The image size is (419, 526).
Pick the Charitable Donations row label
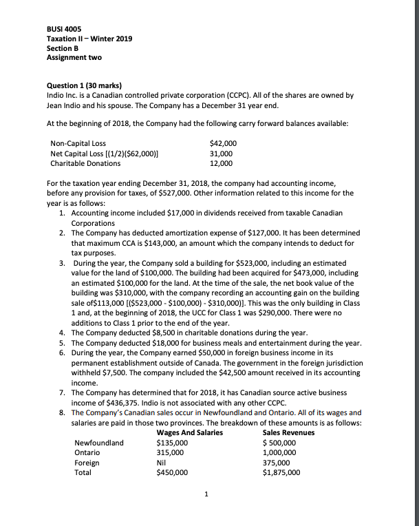pyautogui.click(x=85, y=163)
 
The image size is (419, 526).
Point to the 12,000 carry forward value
pyautogui.click(x=220, y=163)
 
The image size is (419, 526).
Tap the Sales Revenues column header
pyautogui.click(x=289, y=432)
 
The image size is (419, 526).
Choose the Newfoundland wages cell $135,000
pyautogui.click(x=173, y=443)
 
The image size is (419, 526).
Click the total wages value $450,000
pyautogui.click(x=173, y=473)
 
